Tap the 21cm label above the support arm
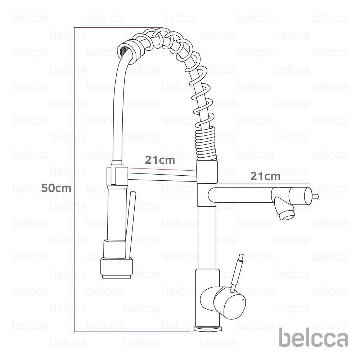point(160,160)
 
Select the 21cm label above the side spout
point(265,176)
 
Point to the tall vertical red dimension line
point(74,180)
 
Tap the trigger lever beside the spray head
point(129,223)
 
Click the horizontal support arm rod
point(162,176)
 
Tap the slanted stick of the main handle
point(238,270)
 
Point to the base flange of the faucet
point(208,328)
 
